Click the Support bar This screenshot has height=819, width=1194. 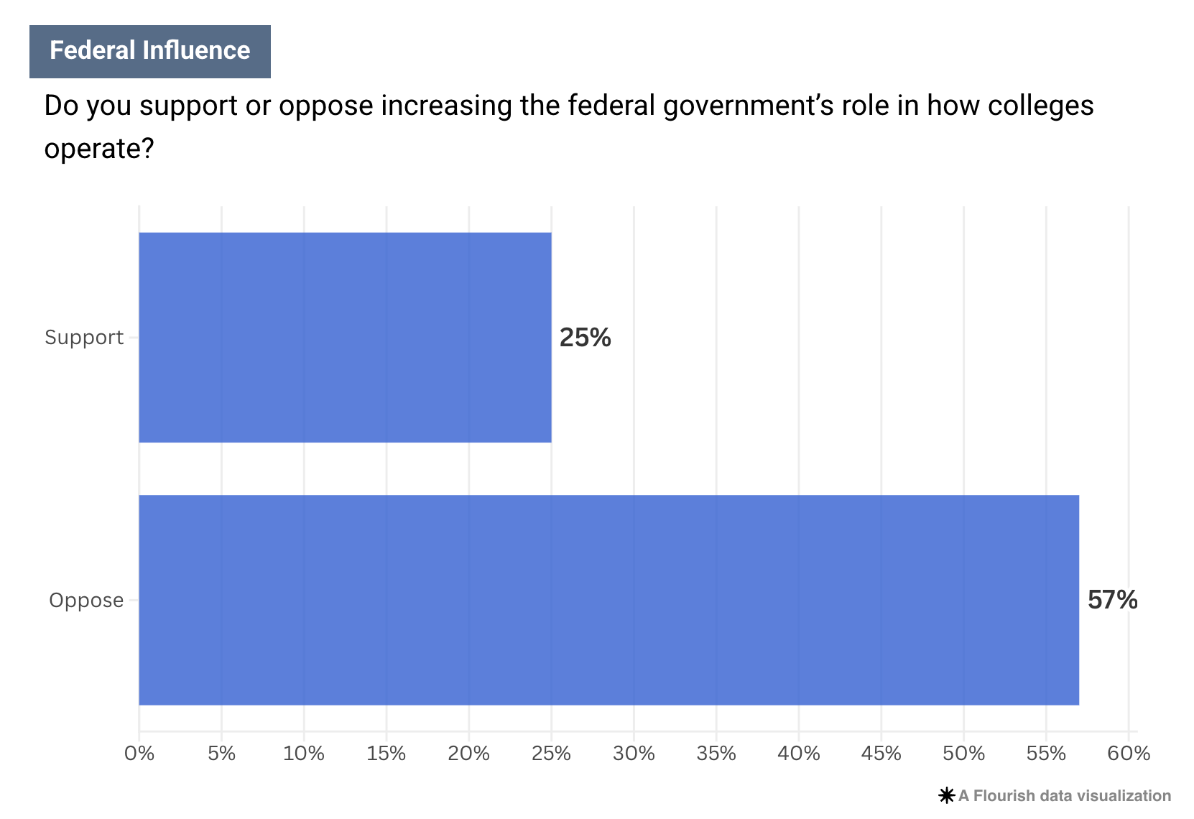(x=345, y=337)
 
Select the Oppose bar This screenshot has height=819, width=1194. (x=608, y=600)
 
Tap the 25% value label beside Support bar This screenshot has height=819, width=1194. (x=585, y=338)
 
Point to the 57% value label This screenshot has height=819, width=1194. (x=1112, y=600)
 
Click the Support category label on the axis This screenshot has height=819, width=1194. (x=84, y=338)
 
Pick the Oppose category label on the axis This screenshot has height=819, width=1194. (x=86, y=601)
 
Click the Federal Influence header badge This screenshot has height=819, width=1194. (x=150, y=51)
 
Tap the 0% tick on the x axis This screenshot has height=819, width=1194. (x=139, y=754)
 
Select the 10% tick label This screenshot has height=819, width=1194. (x=304, y=754)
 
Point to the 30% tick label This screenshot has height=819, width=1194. (x=634, y=754)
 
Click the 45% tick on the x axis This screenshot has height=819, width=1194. (x=881, y=754)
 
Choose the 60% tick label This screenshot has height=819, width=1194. (x=1129, y=754)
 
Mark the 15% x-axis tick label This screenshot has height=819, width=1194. (x=387, y=754)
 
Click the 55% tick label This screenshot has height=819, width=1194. (x=1046, y=754)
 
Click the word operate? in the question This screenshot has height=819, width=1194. (x=99, y=149)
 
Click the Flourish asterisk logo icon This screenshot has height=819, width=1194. (x=947, y=796)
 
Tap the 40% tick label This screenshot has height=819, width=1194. (x=799, y=754)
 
